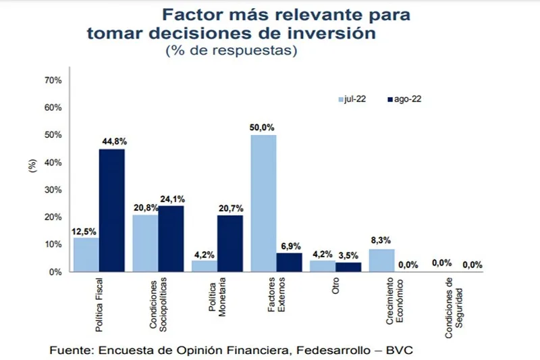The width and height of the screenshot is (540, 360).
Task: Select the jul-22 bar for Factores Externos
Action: (263, 203)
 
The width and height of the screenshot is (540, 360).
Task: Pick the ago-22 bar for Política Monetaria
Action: (230, 243)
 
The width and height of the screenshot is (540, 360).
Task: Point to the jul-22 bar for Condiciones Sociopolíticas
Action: (145, 243)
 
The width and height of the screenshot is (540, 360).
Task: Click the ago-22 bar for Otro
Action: (348, 267)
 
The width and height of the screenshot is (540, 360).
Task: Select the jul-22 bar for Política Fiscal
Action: (86, 255)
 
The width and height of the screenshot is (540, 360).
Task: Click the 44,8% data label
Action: (113, 141)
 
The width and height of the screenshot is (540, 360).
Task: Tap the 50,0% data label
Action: (263, 127)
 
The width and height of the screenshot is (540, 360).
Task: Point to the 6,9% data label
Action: (290, 246)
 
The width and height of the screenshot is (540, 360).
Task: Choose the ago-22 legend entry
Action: (404, 99)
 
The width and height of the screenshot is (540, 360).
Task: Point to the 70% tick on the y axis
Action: (53, 80)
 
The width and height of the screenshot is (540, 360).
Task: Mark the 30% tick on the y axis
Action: (53, 190)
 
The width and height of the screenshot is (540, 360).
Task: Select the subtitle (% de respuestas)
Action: (231, 51)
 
